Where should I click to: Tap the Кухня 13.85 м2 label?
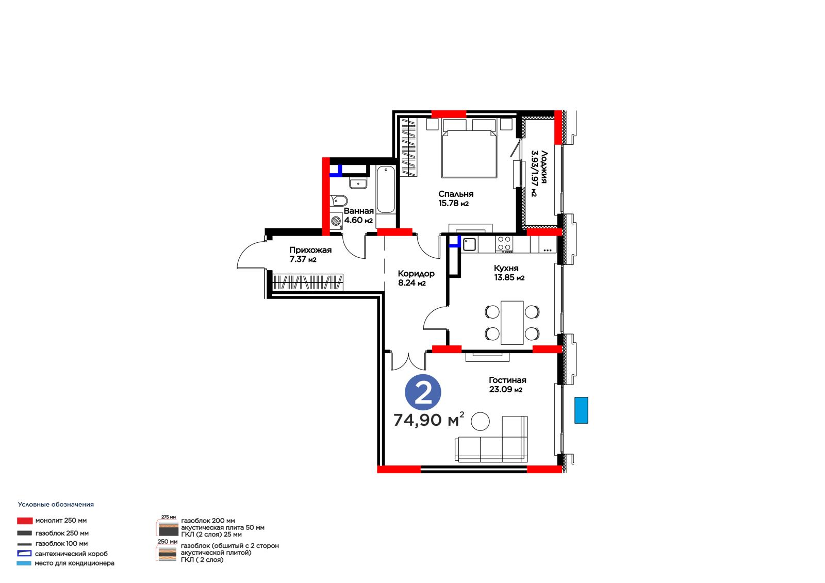[x=509, y=273]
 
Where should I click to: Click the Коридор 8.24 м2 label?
[x=416, y=278]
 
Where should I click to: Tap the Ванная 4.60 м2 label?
[x=358, y=215]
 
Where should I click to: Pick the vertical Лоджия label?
[x=539, y=173]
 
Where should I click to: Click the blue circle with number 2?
[x=423, y=393]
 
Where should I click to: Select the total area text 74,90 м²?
[x=428, y=420]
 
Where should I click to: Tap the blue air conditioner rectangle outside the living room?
[x=581, y=410]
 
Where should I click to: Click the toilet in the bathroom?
[x=339, y=201]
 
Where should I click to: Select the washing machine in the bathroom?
[x=336, y=221]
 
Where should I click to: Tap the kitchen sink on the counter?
[x=469, y=244]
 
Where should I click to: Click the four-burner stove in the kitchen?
[x=504, y=244]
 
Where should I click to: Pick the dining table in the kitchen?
[x=512, y=323]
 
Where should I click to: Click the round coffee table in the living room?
[x=480, y=421]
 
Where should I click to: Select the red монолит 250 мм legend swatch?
[x=25, y=521]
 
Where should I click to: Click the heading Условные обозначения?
[x=56, y=505]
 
